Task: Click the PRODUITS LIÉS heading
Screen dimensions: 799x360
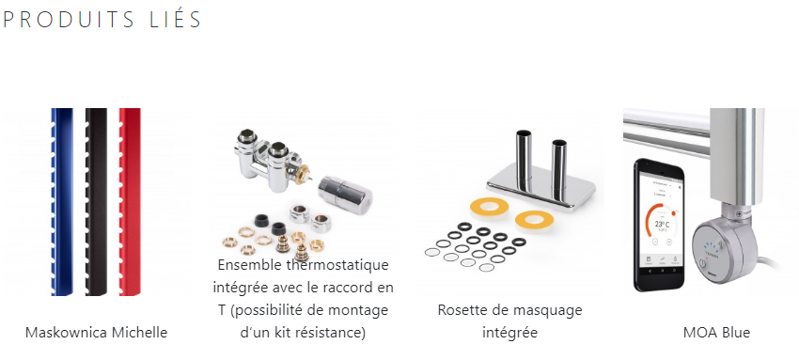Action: point(102,19)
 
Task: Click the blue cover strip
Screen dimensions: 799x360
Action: point(62,202)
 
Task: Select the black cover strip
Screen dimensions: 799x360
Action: point(96,202)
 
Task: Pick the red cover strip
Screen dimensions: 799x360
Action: point(130,202)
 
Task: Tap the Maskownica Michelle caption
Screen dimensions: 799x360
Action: point(96,333)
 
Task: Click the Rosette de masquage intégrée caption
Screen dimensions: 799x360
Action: point(509,321)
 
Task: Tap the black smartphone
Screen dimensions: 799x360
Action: point(659,226)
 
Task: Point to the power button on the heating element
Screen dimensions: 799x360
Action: point(703,264)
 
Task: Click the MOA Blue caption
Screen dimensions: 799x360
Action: point(716,333)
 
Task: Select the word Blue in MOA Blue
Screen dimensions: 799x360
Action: point(736,333)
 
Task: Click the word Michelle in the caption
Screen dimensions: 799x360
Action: point(140,333)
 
